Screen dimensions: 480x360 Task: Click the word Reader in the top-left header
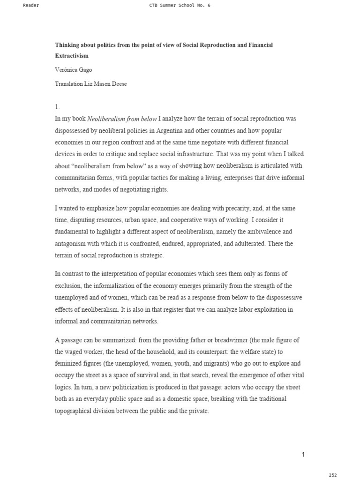[x=31, y=5]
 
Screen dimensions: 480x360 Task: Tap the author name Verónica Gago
[x=74, y=69]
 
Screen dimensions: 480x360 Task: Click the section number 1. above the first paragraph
[x=57, y=107]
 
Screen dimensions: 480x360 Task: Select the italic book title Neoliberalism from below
[x=122, y=119]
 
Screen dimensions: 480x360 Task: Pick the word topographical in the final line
[x=76, y=411]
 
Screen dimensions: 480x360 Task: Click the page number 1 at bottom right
[x=303, y=454]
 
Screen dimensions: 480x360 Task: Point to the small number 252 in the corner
[x=332, y=475]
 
